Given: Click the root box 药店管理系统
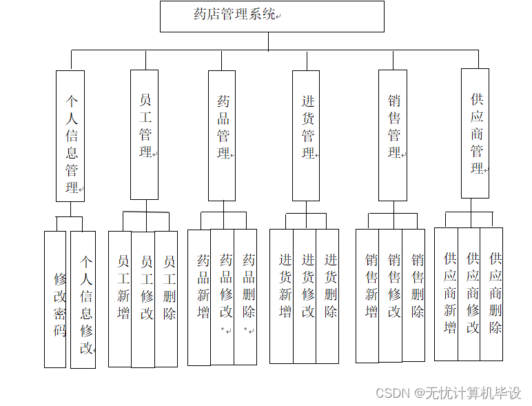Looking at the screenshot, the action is [x=272, y=16].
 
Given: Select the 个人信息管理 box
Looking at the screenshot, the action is [x=70, y=136].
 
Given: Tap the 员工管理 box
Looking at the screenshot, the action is [x=145, y=134].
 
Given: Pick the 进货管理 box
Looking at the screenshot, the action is [x=306, y=136].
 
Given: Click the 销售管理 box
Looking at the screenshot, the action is [x=393, y=136].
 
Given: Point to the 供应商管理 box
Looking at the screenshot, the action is [x=475, y=133].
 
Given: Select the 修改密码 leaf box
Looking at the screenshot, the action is [x=55, y=299].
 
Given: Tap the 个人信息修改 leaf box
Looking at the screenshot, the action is [x=83, y=299].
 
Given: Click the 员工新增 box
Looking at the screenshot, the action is [x=120, y=298].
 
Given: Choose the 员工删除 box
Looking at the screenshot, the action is [x=166, y=298].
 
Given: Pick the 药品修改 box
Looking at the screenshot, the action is [x=223, y=296].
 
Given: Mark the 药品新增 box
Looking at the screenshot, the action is [x=199, y=296].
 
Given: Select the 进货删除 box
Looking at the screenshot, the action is [x=328, y=296].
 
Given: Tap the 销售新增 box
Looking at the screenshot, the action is [x=367, y=296].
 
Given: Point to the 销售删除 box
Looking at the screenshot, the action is [x=414, y=294].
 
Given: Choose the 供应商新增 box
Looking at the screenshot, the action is [x=446, y=294].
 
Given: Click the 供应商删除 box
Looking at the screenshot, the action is [x=492, y=294].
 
